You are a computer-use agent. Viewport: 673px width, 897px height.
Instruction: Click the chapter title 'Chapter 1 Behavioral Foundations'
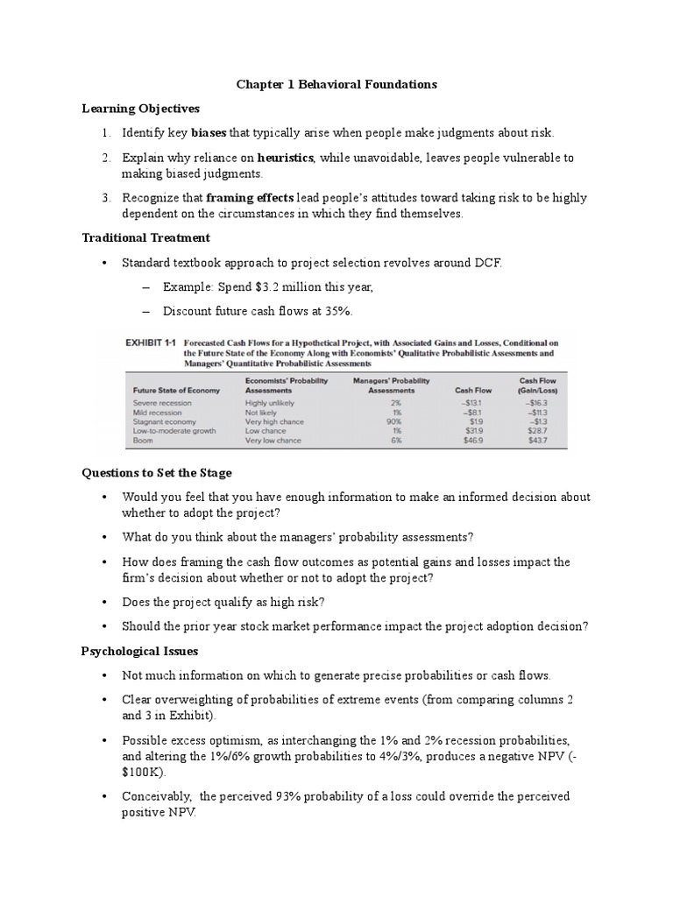coord(336,85)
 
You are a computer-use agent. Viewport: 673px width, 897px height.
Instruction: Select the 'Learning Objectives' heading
coord(140,109)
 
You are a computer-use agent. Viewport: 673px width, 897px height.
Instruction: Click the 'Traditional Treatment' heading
coord(145,237)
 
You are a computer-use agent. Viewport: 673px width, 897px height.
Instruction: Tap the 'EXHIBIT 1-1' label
coord(152,343)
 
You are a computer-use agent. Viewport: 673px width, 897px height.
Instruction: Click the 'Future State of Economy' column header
coord(175,392)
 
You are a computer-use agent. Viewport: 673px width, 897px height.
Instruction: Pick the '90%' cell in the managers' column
coord(394,422)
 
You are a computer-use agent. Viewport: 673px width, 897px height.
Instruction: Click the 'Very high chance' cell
coord(276,422)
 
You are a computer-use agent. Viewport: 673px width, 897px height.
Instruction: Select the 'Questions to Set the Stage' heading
coord(157,473)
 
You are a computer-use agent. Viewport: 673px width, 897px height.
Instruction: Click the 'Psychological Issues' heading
coord(139,651)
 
